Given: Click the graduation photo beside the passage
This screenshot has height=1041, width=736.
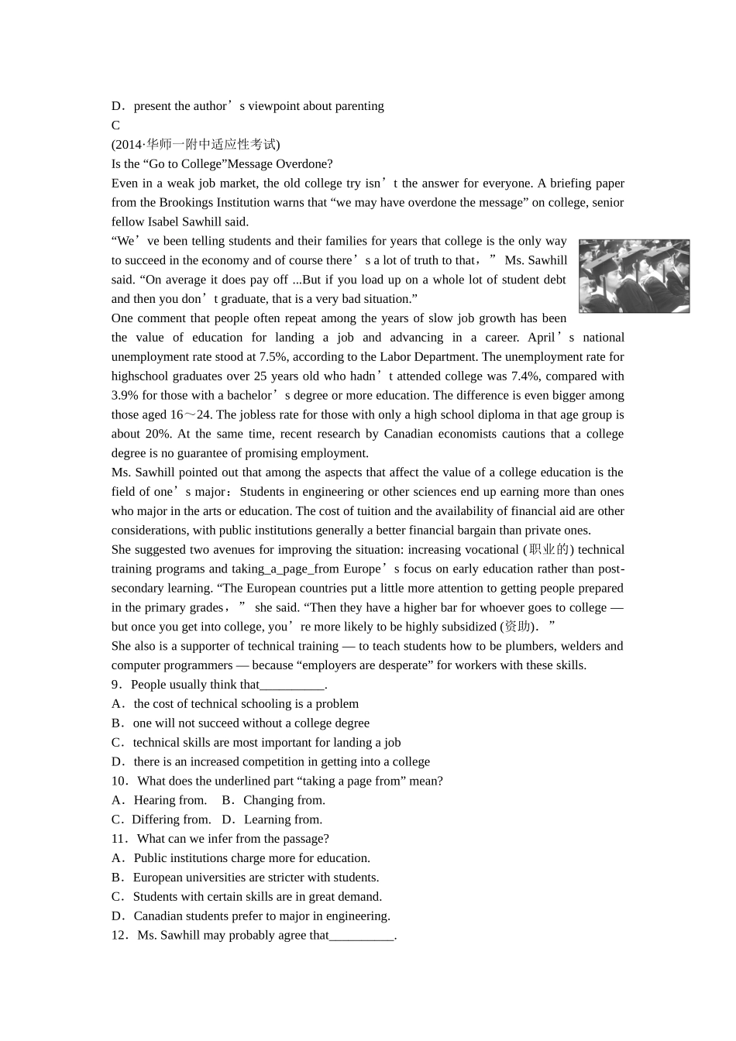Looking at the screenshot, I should [x=634, y=276].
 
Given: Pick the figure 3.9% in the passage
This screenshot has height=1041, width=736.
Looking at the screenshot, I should [x=126, y=395].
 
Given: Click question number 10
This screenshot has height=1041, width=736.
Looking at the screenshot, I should [x=119, y=781].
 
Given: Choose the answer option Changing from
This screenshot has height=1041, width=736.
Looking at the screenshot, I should [x=284, y=800].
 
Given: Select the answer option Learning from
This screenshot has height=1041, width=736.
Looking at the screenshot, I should [x=283, y=819].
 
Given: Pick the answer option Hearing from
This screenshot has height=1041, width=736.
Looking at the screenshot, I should [x=170, y=800].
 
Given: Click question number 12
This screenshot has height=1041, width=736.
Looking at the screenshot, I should [x=119, y=935].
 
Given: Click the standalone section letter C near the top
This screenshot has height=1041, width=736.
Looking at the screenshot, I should [x=115, y=125].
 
